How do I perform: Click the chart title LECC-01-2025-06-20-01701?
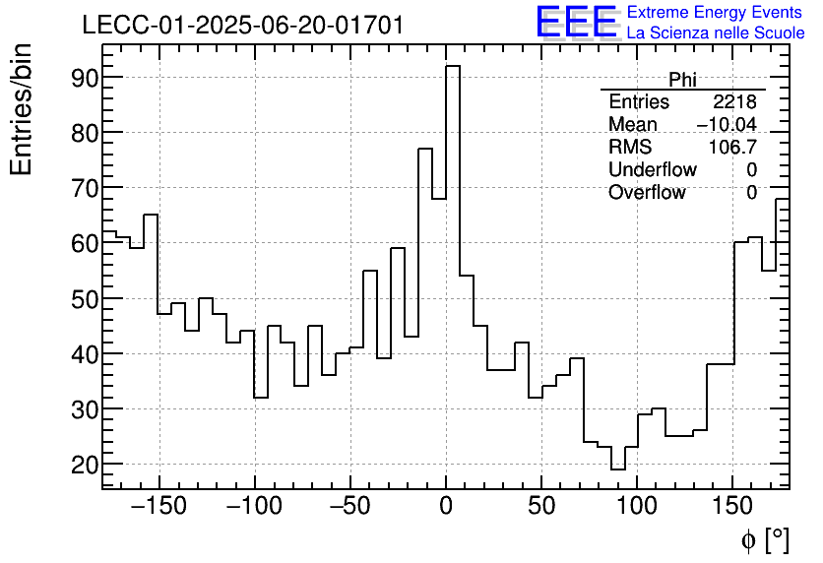[x=242, y=26]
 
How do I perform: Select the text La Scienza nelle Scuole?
[x=716, y=33]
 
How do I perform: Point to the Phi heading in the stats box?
[x=682, y=80]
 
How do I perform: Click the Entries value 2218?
[x=734, y=102]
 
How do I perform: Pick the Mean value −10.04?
[x=727, y=125]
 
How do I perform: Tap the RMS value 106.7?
[x=732, y=148]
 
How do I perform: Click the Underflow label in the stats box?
[x=652, y=170]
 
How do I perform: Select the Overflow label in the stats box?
[x=647, y=193]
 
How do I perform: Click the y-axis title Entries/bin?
[x=22, y=110]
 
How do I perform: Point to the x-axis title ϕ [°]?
[x=764, y=540]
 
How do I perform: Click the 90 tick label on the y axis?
[x=83, y=78]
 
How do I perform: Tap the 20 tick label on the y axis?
[x=83, y=465]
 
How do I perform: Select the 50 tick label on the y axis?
[x=83, y=299]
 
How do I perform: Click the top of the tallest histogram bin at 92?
[x=453, y=66]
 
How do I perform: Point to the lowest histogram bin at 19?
[x=617, y=469]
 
